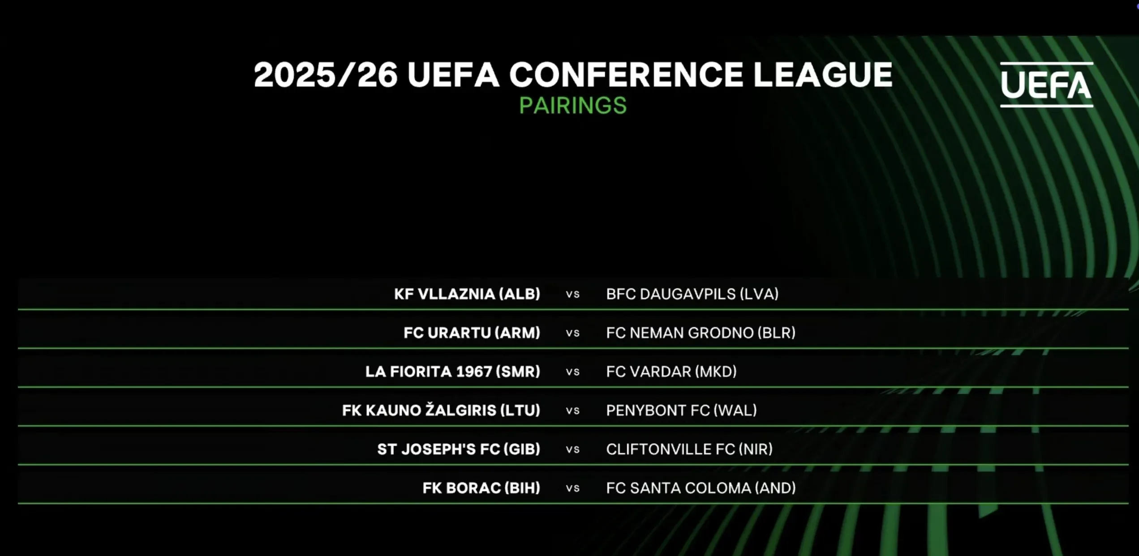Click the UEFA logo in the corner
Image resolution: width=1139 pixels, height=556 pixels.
tap(1046, 85)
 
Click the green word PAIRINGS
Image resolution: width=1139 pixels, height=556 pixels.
tap(573, 106)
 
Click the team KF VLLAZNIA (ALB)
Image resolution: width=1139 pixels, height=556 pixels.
tap(467, 294)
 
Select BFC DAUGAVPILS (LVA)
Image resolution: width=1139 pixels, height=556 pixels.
tap(692, 294)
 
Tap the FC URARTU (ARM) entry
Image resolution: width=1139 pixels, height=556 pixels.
tap(472, 333)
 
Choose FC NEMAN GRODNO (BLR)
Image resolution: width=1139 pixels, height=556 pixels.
tap(701, 333)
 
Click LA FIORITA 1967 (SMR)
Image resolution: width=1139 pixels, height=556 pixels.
tap(453, 372)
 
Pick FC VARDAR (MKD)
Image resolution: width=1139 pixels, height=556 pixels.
tap(671, 372)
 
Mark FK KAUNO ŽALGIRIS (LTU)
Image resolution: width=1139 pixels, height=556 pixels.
tap(441, 410)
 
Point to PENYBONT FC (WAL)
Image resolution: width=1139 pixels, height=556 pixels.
tap(682, 411)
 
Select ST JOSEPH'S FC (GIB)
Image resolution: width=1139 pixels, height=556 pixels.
tap(459, 449)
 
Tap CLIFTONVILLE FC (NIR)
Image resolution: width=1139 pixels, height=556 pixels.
tap(690, 449)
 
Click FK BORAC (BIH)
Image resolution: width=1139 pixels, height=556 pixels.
tap(481, 488)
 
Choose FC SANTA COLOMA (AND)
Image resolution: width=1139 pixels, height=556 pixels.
tap(701, 488)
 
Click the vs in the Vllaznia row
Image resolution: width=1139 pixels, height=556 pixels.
tap(573, 295)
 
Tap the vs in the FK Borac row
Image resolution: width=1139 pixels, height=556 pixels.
tap(573, 488)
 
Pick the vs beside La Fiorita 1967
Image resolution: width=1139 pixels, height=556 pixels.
tap(573, 372)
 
